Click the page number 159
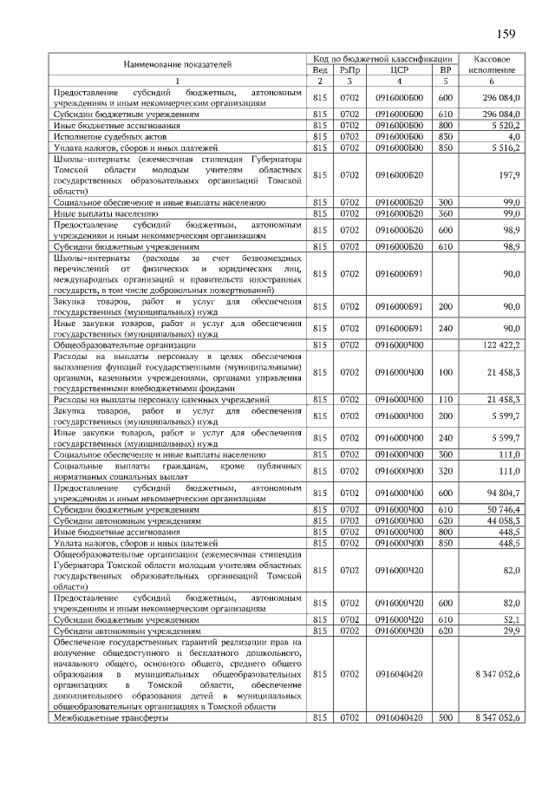coord(506,35)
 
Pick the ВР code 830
coord(446,136)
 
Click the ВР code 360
coord(446,213)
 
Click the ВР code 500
coord(446,718)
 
